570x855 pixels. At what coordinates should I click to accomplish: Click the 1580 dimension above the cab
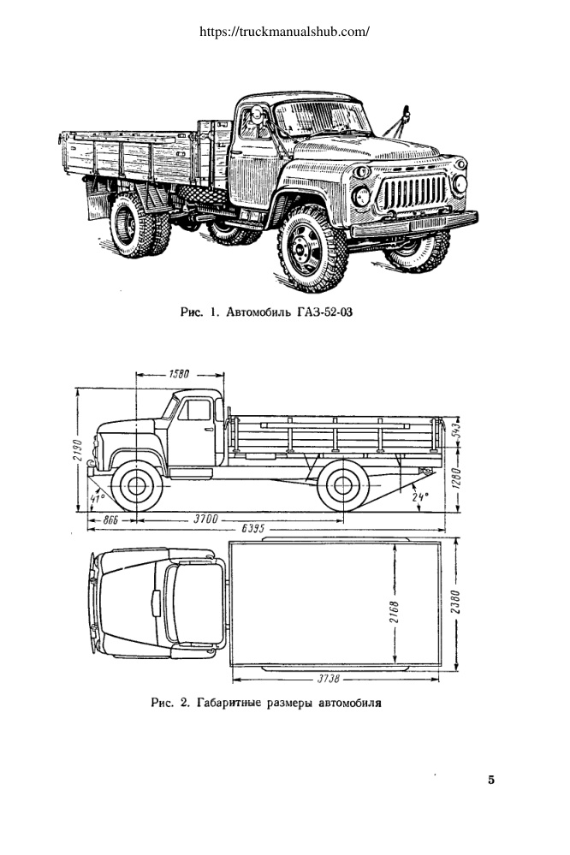(x=179, y=374)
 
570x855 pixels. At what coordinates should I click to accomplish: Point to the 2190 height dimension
(x=77, y=450)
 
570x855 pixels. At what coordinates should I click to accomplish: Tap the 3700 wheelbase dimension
(x=205, y=520)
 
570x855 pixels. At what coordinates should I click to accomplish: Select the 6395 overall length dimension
(x=253, y=529)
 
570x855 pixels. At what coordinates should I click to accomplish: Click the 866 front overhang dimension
(x=110, y=520)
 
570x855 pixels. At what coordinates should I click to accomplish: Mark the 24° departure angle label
(x=420, y=497)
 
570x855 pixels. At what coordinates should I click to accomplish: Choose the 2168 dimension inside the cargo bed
(x=395, y=612)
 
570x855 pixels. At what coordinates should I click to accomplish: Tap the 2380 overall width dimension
(x=456, y=602)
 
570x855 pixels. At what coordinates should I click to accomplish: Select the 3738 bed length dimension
(x=329, y=680)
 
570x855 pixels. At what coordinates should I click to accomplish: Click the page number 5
(x=491, y=780)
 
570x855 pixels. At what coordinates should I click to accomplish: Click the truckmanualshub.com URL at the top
(x=284, y=31)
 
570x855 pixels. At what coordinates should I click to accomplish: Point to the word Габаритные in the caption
(x=229, y=703)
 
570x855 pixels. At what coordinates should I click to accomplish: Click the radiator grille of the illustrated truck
(x=413, y=192)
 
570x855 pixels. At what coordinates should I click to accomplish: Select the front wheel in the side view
(x=136, y=485)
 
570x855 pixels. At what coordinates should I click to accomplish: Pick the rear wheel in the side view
(x=343, y=485)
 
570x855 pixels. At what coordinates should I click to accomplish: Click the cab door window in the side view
(x=195, y=409)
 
